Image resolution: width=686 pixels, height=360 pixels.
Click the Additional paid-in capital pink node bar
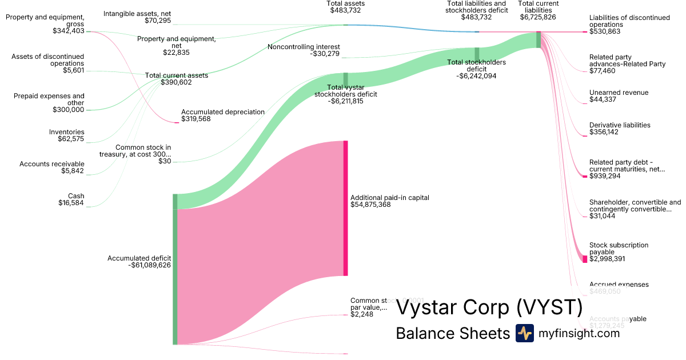click(x=345, y=208)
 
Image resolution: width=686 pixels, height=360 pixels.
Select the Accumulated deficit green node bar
click(x=175, y=269)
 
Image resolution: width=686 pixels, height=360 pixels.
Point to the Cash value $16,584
click(x=71, y=203)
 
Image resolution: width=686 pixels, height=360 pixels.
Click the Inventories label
click(x=66, y=132)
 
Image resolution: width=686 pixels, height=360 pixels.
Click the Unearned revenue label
click(x=619, y=93)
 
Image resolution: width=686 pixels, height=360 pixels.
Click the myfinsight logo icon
click(x=524, y=333)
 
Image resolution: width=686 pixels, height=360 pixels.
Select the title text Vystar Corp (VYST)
click(x=489, y=307)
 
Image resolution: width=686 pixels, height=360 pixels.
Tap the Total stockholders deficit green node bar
click(x=477, y=54)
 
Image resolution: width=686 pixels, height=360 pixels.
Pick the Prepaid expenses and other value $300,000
click(x=68, y=110)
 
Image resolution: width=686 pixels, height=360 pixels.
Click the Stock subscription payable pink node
click(x=585, y=259)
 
